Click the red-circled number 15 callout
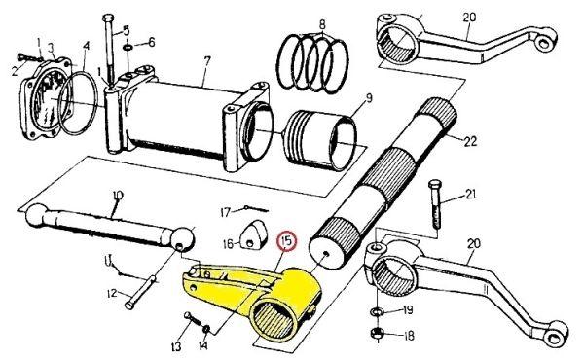point(287,241)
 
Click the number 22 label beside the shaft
point(470,141)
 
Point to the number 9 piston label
point(368,98)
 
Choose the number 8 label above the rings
point(322,24)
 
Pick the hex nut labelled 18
point(378,332)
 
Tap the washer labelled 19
point(377,309)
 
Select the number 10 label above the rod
point(118,196)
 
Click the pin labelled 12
point(141,292)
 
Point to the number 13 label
point(176,346)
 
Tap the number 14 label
point(203,346)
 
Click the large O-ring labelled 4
point(78,103)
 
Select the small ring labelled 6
point(128,48)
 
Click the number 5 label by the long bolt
point(126,30)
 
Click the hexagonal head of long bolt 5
point(109,18)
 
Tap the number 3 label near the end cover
point(51,48)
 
